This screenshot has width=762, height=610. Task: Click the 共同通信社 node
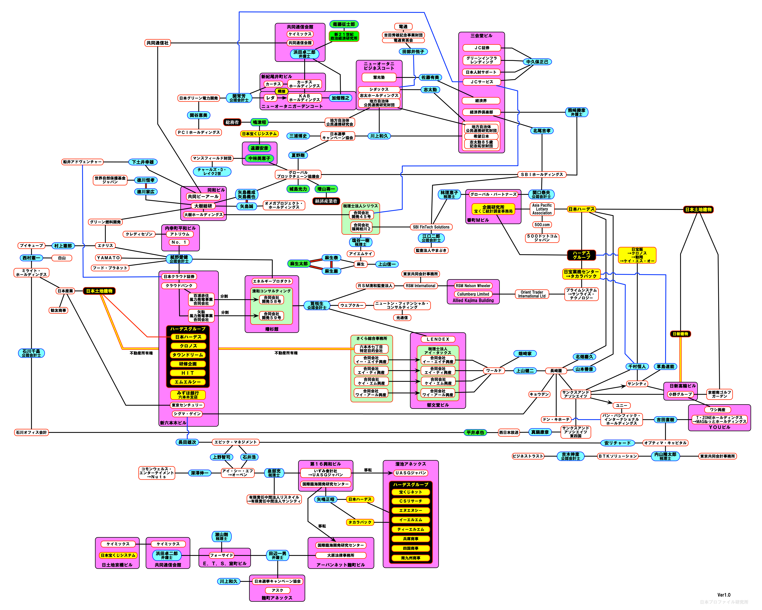click(158, 43)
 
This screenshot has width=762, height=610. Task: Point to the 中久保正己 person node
click(537, 62)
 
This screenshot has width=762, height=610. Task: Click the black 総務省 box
click(232, 122)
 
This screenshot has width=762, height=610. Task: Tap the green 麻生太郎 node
click(299, 264)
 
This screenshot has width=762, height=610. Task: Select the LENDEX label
click(438, 339)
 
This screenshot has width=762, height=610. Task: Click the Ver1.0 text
click(724, 595)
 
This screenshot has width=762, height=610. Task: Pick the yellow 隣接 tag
click(281, 91)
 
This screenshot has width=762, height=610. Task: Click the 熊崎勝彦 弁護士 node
click(576, 112)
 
